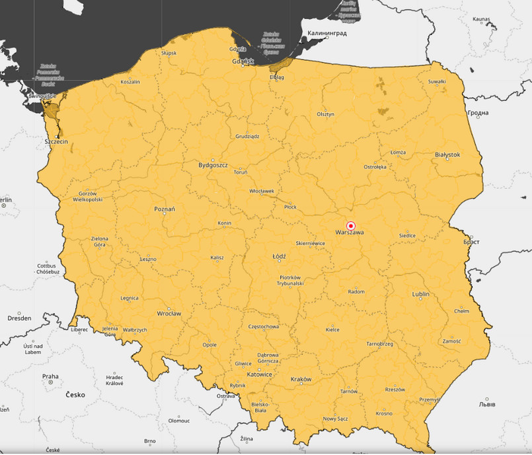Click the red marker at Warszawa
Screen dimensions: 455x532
click(351, 225)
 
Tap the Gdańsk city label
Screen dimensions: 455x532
click(243, 62)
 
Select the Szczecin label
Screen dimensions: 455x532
click(56, 141)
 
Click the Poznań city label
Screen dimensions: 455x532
click(164, 209)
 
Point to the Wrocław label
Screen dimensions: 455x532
click(169, 313)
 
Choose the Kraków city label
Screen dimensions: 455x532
click(301, 379)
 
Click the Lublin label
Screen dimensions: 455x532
click(420, 294)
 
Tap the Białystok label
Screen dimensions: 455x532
click(447, 155)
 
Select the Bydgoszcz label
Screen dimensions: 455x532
click(213, 165)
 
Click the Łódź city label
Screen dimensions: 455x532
click(280, 256)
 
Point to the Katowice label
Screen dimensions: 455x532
click(259, 374)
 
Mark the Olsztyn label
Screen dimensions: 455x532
click(325, 114)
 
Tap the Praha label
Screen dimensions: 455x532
click(50, 376)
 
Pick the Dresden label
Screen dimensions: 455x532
click(19, 318)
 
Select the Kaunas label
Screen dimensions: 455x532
click(482, 20)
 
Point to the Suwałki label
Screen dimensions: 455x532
click(437, 82)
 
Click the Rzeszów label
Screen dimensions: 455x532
click(395, 390)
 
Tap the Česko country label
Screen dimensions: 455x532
click(75, 395)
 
